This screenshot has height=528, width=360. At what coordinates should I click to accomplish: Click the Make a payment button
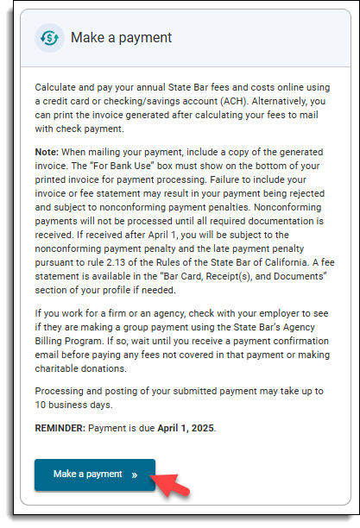[x=94, y=475]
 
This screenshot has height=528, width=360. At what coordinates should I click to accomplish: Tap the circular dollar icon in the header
[x=49, y=38]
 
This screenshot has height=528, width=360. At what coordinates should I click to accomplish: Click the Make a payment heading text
[x=121, y=38]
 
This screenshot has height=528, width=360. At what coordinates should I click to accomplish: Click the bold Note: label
[x=47, y=152]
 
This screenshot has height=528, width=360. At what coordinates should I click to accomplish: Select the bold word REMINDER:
[x=63, y=428]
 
